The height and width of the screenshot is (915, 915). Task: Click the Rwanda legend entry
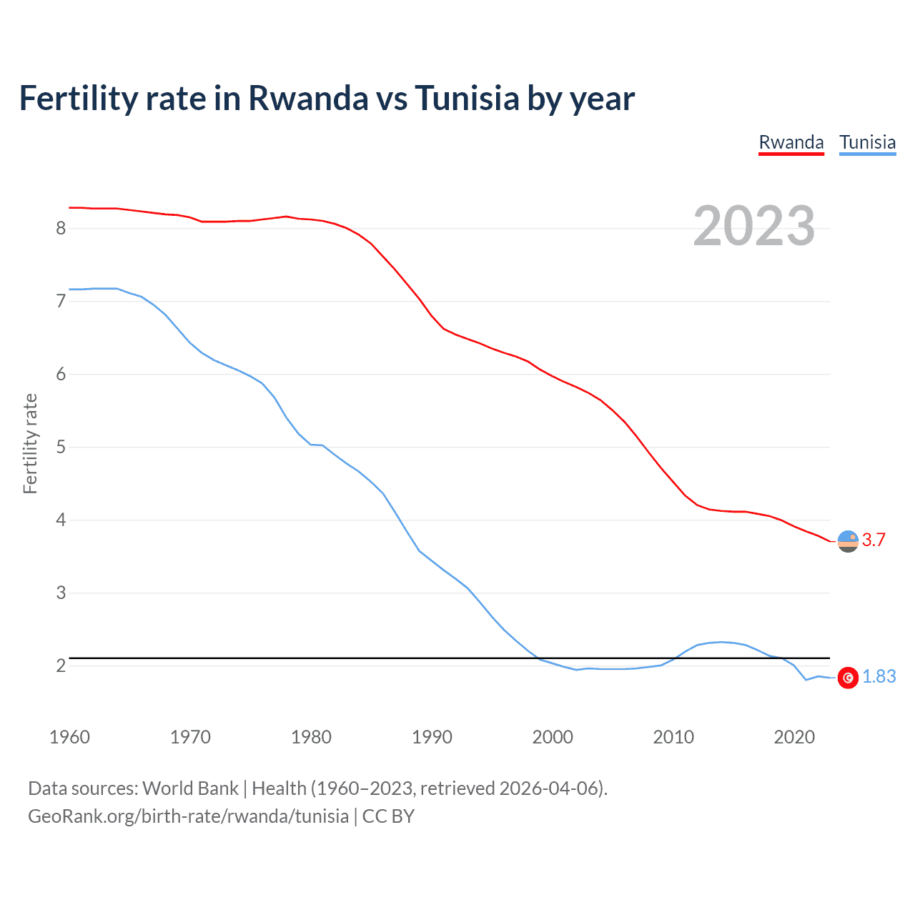791,142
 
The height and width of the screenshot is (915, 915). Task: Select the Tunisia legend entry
867,142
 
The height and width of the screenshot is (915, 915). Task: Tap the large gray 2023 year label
754,226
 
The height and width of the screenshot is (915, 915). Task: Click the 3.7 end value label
874,540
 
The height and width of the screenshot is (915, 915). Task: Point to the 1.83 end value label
879,676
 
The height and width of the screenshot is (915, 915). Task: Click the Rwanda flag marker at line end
848,541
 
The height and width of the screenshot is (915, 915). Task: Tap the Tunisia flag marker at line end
848,678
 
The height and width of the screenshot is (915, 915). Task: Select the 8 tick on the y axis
61,228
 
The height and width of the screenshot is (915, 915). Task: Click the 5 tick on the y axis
61,447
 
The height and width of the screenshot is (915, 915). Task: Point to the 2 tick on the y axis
61,666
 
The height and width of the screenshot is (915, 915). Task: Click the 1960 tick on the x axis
69,737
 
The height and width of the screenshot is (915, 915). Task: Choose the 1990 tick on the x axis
432,737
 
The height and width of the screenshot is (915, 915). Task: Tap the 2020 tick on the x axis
794,737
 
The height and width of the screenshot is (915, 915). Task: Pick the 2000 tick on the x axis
553,737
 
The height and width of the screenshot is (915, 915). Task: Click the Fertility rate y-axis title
30,443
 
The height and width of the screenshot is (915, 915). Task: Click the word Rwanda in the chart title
308,98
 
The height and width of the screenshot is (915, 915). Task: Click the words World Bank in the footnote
190,788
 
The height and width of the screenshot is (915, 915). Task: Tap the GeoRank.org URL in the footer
188,816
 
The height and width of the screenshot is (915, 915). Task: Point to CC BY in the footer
388,816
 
